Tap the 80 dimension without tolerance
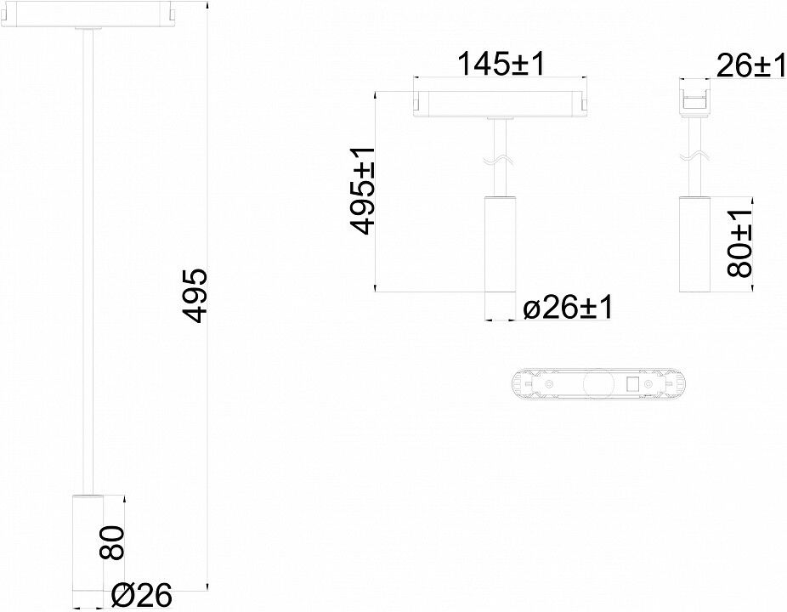(x=111, y=542)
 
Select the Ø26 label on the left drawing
(x=142, y=596)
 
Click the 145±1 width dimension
(x=501, y=65)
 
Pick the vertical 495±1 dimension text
(x=363, y=190)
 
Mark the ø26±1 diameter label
(x=568, y=307)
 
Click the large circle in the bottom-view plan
(x=597, y=384)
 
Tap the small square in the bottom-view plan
(x=632, y=384)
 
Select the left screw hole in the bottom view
(x=550, y=384)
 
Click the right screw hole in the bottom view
(x=648, y=384)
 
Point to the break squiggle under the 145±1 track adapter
(x=499, y=160)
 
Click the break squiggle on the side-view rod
(x=694, y=156)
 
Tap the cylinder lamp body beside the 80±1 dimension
(x=694, y=244)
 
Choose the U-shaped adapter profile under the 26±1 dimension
(x=695, y=99)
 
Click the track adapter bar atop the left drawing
(x=88, y=14)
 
